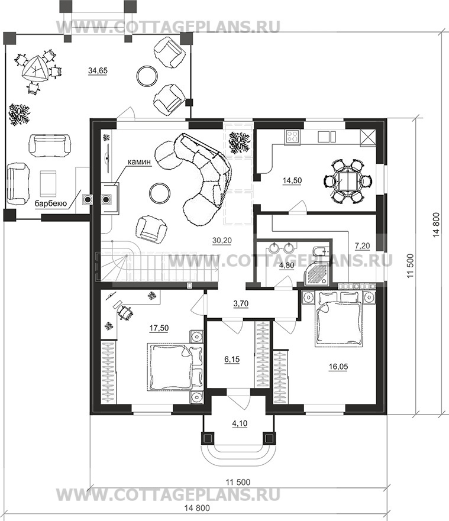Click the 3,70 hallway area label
click(241, 304)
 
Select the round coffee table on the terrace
click(146, 75)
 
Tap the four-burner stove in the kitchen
click(292, 137)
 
